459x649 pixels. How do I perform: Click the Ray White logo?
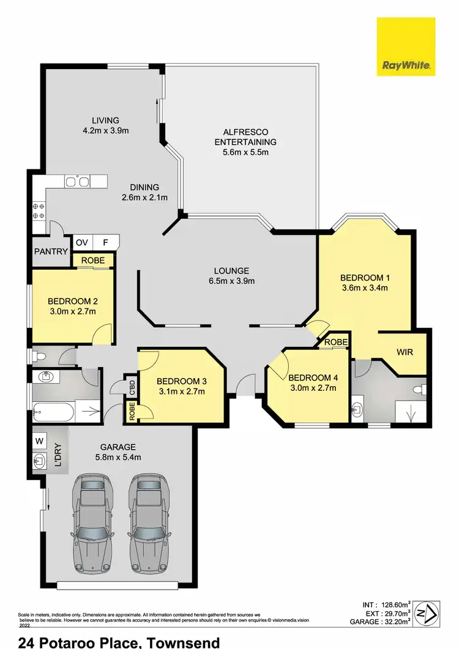406,46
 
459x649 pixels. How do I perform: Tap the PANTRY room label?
51,251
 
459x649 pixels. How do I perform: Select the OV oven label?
81,242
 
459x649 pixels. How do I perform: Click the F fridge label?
105,242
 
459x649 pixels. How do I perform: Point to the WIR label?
405,353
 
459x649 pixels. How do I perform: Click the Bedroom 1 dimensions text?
365,287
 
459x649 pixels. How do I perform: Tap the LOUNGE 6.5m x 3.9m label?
231,276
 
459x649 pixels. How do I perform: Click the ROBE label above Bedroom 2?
94,260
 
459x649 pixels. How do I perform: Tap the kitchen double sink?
78,180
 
